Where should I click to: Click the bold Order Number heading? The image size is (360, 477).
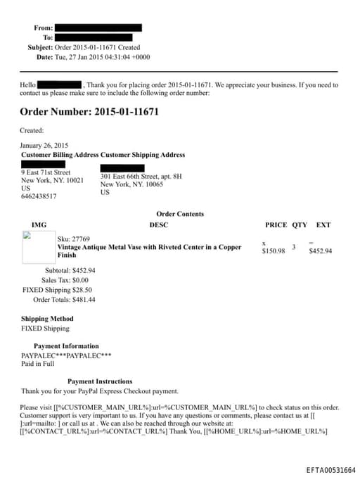click(89, 112)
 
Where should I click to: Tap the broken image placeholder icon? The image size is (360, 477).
click(27, 236)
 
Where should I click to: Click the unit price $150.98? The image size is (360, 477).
click(274, 250)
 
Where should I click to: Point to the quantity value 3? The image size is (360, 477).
click(293, 247)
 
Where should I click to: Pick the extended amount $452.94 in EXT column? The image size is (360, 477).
click(321, 250)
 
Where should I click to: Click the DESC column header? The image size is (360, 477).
click(159, 225)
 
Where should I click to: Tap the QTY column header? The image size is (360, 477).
click(300, 225)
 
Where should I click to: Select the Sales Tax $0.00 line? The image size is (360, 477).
click(68, 279)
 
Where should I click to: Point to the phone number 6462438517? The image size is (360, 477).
click(39, 196)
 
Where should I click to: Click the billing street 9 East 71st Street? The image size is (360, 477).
click(46, 172)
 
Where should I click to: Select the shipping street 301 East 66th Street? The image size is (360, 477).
click(141, 176)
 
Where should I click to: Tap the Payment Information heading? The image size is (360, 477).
click(66, 346)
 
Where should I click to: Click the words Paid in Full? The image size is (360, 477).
click(37, 364)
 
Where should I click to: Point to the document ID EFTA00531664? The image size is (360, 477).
click(331, 470)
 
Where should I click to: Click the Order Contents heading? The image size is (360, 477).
click(180, 214)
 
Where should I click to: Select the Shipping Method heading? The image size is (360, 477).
click(47, 319)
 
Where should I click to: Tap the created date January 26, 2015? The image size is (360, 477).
click(44, 146)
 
